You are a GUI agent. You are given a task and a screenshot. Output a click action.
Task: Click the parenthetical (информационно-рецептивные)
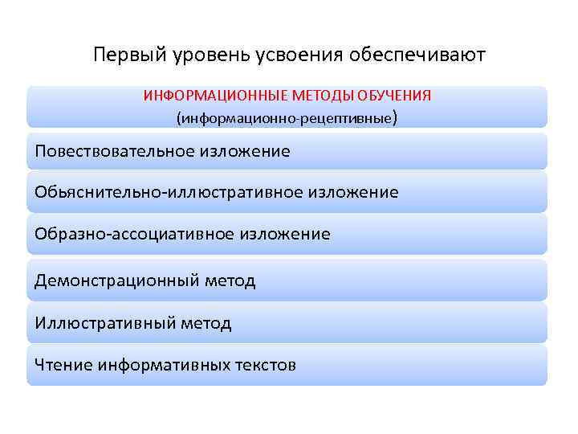(x=287, y=118)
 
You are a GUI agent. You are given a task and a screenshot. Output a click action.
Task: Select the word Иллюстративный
(x=104, y=323)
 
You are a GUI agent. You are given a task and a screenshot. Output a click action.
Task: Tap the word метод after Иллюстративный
(x=205, y=323)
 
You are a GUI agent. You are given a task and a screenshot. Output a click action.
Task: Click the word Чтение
(x=63, y=365)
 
